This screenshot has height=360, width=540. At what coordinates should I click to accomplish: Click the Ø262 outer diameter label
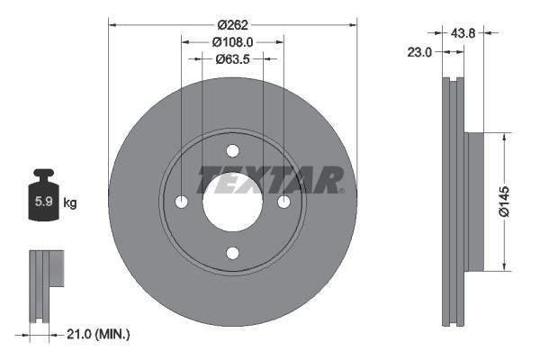pyautogui.click(x=232, y=24)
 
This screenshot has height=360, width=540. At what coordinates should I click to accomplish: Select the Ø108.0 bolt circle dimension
pyautogui.click(x=232, y=41)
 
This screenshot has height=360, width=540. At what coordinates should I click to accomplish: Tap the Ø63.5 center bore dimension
pyautogui.click(x=232, y=59)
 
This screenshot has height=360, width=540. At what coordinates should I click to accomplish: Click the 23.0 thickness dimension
pyautogui.click(x=419, y=53)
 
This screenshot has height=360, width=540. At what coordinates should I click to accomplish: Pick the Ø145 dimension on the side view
pyautogui.click(x=506, y=202)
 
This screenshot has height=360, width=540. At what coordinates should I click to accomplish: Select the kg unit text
pyautogui.click(x=70, y=203)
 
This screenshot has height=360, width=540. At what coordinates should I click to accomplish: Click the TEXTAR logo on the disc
pyautogui.click(x=270, y=180)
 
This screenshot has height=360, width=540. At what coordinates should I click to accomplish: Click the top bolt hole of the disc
pyautogui.click(x=232, y=150)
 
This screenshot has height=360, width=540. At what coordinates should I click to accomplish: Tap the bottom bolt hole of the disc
pyautogui.click(x=232, y=253)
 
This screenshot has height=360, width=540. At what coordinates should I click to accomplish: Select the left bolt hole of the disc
pyautogui.click(x=181, y=202)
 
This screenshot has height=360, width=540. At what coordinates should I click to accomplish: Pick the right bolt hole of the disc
pyautogui.click(x=283, y=202)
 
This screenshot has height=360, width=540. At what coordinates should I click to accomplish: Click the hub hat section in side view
pyautogui.click(x=474, y=202)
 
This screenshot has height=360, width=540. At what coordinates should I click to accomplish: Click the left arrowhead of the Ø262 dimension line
pyautogui.click(x=112, y=24)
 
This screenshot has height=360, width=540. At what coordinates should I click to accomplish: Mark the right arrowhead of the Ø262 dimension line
pyautogui.click(x=354, y=24)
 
